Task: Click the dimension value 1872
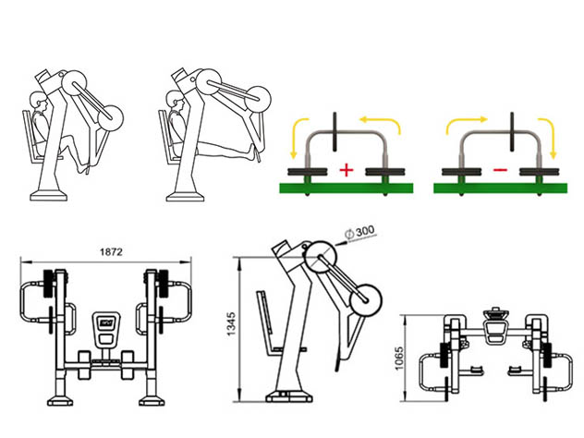tap(111, 252)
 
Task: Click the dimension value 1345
tap(231, 324)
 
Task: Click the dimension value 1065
tap(399, 359)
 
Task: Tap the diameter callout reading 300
tap(360, 233)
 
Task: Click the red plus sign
tap(347, 171)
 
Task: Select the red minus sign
tap(500, 170)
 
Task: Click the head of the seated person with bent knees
tap(38, 101)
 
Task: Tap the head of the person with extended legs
tap(175, 99)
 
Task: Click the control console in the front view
tap(106, 328)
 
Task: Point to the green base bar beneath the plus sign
tap(347, 189)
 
